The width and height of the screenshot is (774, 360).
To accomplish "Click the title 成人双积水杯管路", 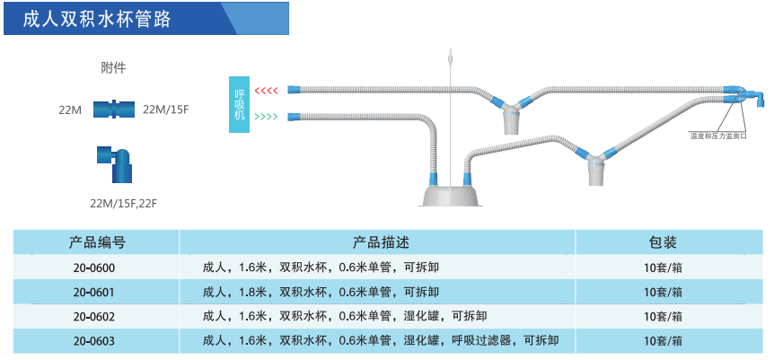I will pyautogui.click(x=96, y=18).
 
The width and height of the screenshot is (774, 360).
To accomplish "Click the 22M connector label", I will pyautogui.click(x=70, y=110).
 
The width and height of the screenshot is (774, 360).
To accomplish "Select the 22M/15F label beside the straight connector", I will pyautogui.click(x=166, y=110).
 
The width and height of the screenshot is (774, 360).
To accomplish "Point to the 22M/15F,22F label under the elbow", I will pyautogui.click(x=124, y=203).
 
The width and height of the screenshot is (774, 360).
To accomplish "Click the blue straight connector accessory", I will pyautogui.click(x=114, y=109).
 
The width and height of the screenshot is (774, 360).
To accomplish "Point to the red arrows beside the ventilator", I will pyautogui.click(x=267, y=91).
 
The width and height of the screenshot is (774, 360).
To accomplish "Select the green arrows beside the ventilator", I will pyautogui.click(x=267, y=117).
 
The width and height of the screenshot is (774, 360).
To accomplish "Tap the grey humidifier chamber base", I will pyautogui.click(x=451, y=195).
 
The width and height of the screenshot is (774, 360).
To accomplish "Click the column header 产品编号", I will pyautogui.click(x=97, y=242).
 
